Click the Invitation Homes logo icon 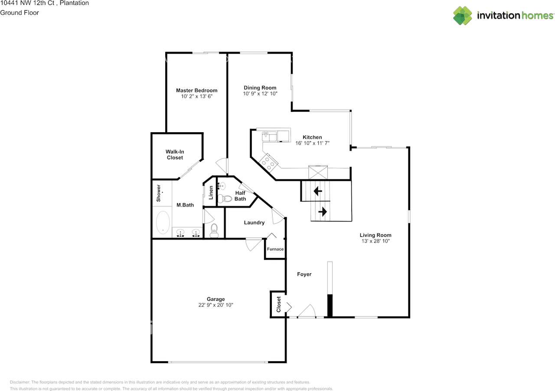[463, 16]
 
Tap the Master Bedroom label [196, 90]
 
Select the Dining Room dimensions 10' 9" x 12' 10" [260, 94]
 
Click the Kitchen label [312, 137]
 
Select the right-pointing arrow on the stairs [323, 212]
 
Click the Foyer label [304, 274]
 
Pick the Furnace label [275, 249]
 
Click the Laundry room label [254, 222]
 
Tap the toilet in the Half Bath [222, 199]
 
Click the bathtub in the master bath [163, 223]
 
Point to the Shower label [159, 193]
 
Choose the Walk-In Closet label [175, 155]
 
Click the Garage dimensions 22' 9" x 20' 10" [215, 305]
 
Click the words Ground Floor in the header [20, 13]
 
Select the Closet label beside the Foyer [278, 304]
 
